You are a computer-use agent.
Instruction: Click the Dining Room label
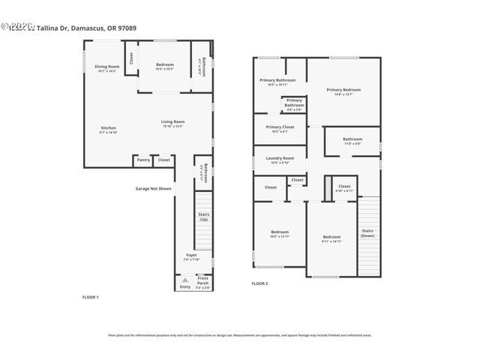pos(107,67)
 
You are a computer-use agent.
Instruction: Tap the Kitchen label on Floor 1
pos(109,127)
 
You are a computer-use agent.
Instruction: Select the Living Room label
pos(172,121)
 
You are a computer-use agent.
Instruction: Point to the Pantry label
pos(142,160)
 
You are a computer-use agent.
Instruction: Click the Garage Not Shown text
pos(153,188)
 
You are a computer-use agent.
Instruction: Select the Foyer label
pos(192,255)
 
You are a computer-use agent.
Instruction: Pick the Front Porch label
pos(203,283)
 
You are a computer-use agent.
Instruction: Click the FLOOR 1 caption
pos(90,297)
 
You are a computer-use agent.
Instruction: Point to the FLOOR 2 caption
pos(259,283)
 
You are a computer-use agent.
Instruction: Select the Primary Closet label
pos(279,127)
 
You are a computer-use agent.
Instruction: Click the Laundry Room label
pos(279,157)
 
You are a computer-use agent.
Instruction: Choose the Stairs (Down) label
pos(367,232)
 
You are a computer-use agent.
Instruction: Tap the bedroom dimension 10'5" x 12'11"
pos(279,236)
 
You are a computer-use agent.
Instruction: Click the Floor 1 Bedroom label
pos(164,64)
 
